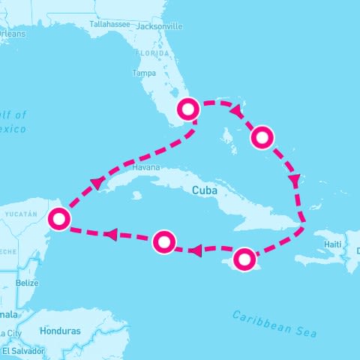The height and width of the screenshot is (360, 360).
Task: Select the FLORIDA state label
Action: pyautogui.click(x=151, y=54)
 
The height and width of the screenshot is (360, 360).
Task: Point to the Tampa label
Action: pyautogui.click(x=144, y=73)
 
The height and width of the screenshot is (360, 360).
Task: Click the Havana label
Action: pyautogui.click(x=146, y=168)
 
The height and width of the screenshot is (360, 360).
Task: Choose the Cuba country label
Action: pyautogui.click(x=205, y=190)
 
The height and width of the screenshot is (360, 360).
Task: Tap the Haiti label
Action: pyautogui.click(x=332, y=244)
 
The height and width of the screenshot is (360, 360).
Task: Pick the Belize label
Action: pyautogui.click(x=27, y=283)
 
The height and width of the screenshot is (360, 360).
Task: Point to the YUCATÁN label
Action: pyautogui.click(x=21, y=214)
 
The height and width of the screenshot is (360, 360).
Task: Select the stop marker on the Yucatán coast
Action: pyautogui.click(x=58, y=219)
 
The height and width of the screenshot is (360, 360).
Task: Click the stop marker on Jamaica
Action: pyautogui.click(x=244, y=259)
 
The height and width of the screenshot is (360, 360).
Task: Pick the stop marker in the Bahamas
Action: pyautogui.click(x=262, y=137)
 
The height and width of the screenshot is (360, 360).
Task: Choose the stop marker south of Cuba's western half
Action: pyautogui.click(x=164, y=241)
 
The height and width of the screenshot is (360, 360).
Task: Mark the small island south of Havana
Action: pyautogui.click(x=137, y=195)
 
